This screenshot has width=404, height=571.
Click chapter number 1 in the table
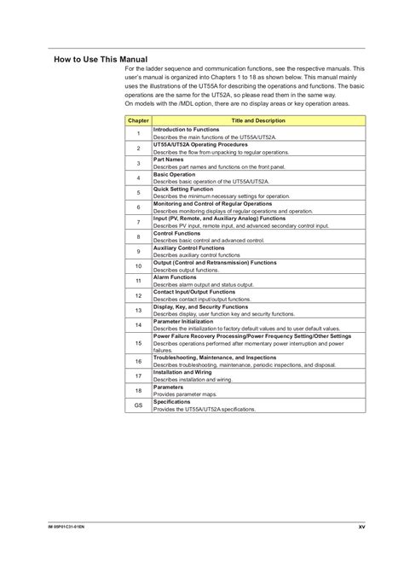[x=138, y=133]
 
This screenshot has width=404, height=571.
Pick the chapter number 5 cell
[x=138, y=192]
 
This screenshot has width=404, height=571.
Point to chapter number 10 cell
[x=138, y=265]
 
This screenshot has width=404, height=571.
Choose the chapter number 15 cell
[x=138, y=342]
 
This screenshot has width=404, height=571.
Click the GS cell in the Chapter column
[x=138, y=406]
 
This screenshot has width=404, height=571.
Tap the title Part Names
[x=168, y=159]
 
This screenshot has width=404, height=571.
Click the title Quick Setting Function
[x=183, y=189]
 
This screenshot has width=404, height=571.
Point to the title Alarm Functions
[x=175, y=277]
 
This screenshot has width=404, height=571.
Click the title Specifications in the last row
[x=173, y=402]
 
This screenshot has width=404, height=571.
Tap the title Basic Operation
[x=174, y=174]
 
